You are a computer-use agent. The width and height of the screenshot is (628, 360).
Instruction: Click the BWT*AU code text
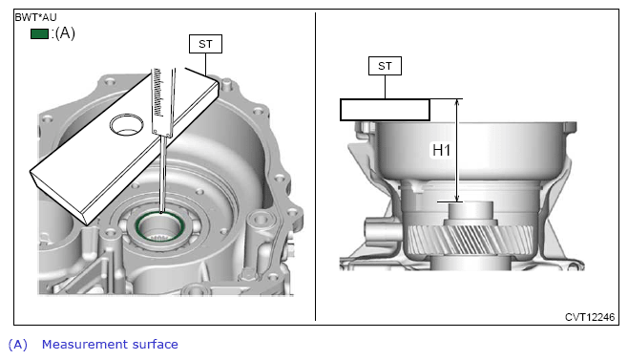tap(35, 17)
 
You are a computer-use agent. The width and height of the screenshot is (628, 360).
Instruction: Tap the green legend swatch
tap(40, 33)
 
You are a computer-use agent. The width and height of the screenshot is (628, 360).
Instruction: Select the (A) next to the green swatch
tap(65, 32)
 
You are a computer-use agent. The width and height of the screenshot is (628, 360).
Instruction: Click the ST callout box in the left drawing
tap(205, 44)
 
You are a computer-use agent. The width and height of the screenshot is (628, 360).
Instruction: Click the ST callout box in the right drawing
tap(385, 66)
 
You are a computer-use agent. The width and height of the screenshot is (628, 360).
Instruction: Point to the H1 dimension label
tap(441, 150)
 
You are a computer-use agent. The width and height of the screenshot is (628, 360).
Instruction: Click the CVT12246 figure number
tap(590, 317)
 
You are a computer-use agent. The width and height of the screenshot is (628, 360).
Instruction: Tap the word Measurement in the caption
tap(85, 344)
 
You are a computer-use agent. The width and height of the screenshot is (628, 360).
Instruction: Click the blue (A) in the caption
tap(18, 345)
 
